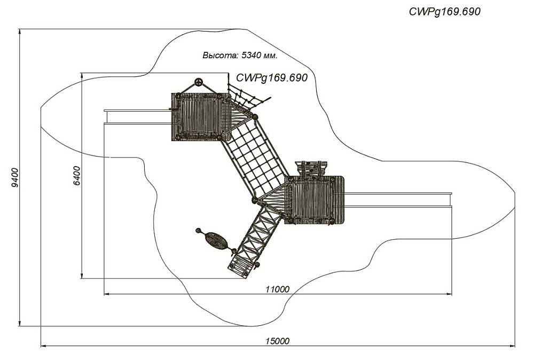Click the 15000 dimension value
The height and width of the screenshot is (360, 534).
(278, 341)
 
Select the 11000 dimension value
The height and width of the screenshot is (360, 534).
(278, 289)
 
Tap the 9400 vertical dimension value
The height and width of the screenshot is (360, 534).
(15, 177)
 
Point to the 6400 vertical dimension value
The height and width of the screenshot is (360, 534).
(77, 175)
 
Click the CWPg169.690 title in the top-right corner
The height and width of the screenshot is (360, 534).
(445, 12)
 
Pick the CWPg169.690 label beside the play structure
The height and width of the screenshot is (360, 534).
(272, 77)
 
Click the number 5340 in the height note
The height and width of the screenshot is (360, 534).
(251, 55)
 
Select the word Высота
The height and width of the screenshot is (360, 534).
(220, 55)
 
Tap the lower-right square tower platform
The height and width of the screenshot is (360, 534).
(314, 200)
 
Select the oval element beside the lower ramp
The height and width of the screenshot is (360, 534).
(214, 240)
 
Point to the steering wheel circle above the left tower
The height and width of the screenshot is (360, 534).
(198, 82)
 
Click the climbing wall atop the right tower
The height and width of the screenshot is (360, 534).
(311, 169)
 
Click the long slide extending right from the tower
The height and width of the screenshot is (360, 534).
(398, 200)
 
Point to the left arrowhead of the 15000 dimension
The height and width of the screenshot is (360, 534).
(43, 346)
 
